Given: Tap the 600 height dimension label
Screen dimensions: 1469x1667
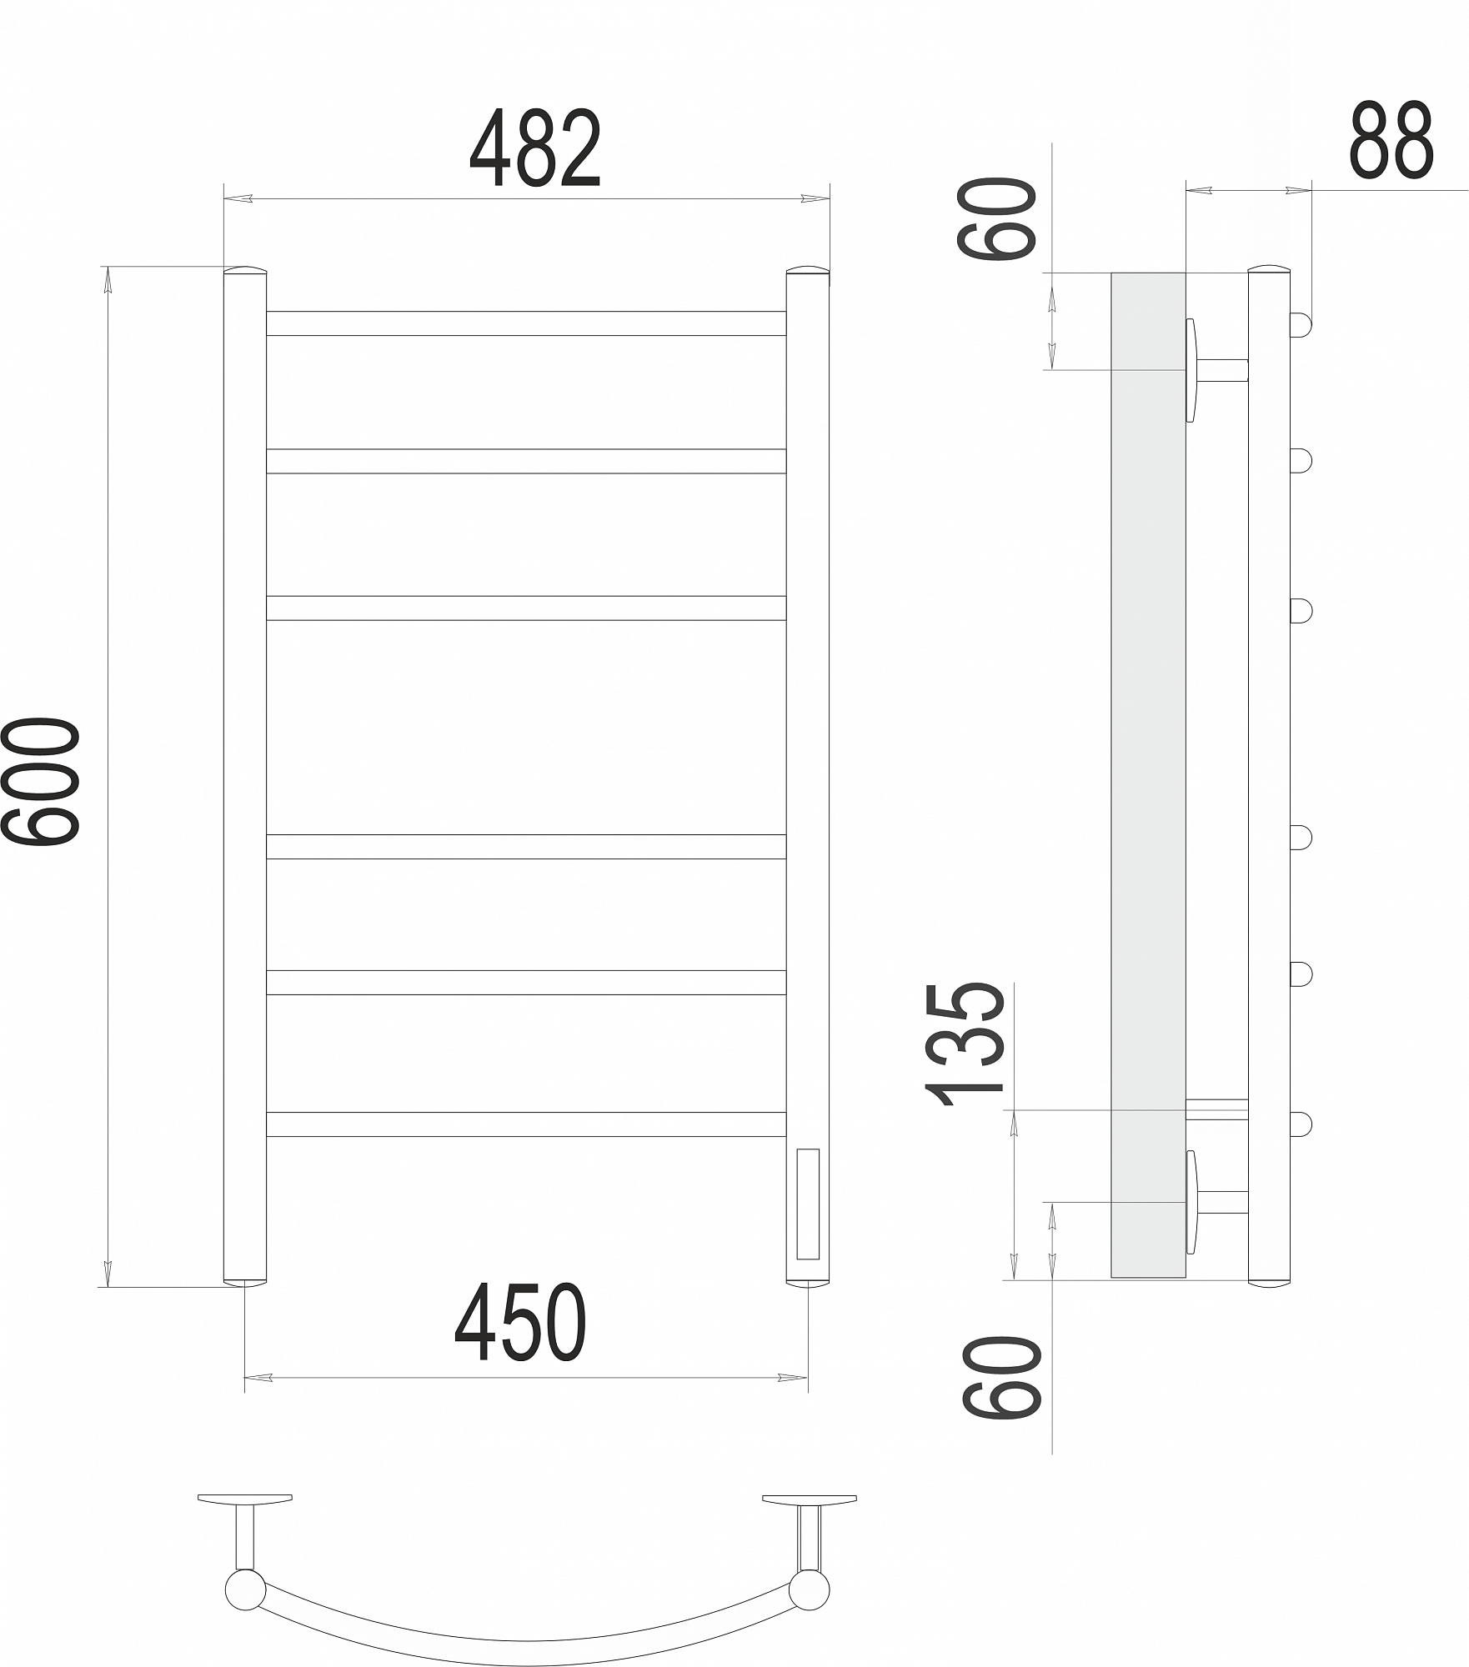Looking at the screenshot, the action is pyautogui.click(x=41, y=782).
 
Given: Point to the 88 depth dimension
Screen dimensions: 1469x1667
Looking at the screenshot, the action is pyautogui.click(x=1391, y=139).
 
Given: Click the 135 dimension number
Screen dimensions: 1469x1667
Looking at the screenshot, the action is pyautogui.click(x=965, y=1044).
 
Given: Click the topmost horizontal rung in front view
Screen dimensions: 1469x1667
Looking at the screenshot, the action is pyautogui.click(x=526, y=323).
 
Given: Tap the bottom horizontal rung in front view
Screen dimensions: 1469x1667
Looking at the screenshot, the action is pyautogui.click(x=526, y=1124).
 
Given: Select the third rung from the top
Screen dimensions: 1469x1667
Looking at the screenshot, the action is pyautogui.click(x=526, y=608).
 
